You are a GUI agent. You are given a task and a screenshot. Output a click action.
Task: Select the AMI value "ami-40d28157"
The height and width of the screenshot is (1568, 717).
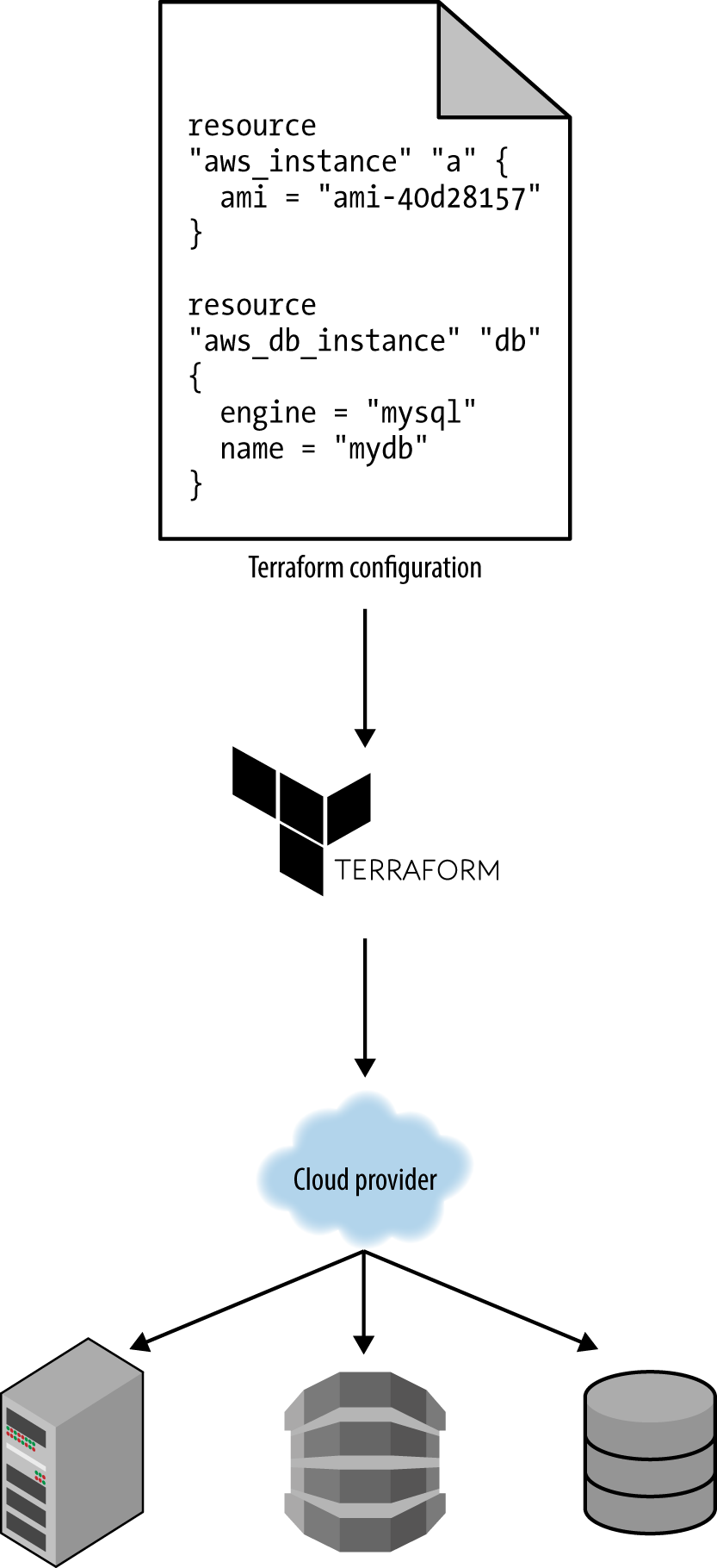pyautogui.click(x=429, y=199)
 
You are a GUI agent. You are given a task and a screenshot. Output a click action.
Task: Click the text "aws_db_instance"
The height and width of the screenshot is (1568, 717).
pyautogui.click(x=317, y=341)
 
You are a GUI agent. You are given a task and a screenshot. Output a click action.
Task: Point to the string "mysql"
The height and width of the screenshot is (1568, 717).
pyautogui.click(x=421, y=414)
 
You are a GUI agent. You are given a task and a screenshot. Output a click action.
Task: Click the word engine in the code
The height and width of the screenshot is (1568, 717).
pyautogui.click(x=268, y=414)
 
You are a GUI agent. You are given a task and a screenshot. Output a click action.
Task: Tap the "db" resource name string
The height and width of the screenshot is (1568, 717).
pyautogui.click(x=510, y=341)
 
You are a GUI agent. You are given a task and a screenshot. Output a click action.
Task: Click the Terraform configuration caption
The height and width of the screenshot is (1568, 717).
pyautogui.click(x=365, y=568)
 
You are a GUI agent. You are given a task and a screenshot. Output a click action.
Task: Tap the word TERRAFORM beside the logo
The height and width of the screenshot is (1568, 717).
pyautogui.click(x=417, y=869)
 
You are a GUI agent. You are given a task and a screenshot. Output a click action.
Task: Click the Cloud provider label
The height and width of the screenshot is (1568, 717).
pyautogui.click(x=365, y=1179)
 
